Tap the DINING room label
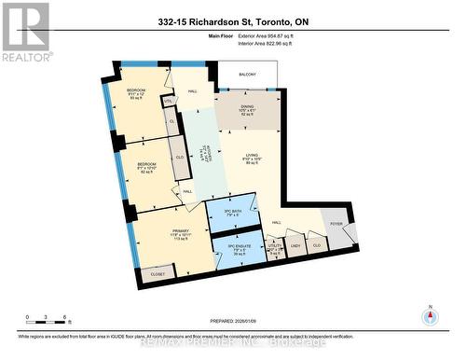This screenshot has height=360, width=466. [247, 107]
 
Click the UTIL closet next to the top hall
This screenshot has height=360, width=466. [169, 102]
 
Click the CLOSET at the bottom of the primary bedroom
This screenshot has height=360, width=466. [158, 274]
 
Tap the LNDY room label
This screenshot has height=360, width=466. [295, 245]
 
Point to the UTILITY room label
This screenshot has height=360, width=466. [274, 246]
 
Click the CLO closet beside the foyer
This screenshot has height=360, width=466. [318, 245]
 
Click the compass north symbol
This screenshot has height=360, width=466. [429, 314]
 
